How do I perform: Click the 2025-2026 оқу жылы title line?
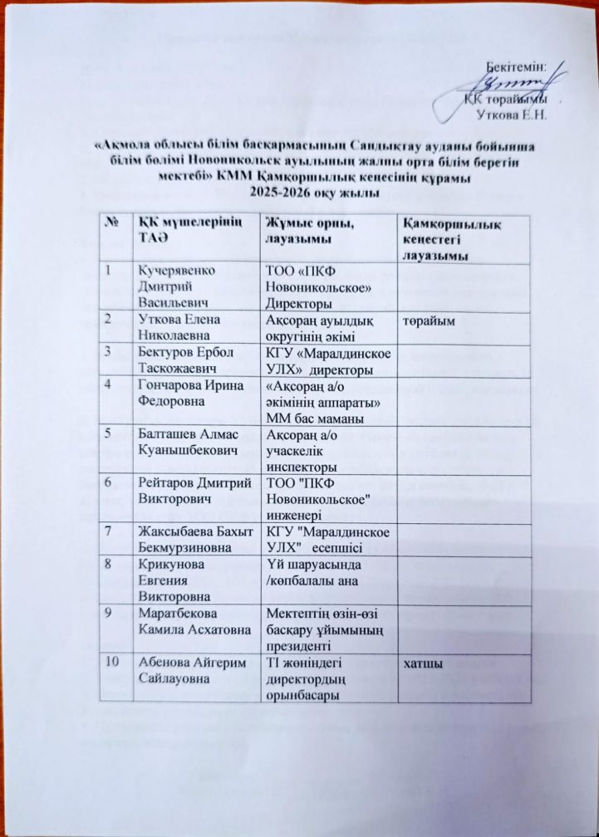(307, 193)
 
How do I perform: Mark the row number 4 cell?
(110, 385)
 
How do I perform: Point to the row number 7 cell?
(110, 530)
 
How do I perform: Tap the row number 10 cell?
(112, 663)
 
